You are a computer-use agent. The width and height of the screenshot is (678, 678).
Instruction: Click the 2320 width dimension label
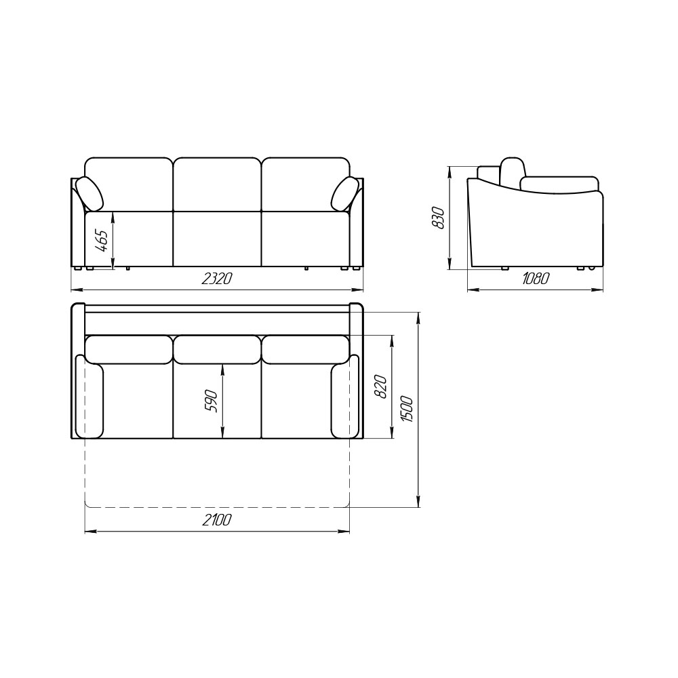pos(217,279)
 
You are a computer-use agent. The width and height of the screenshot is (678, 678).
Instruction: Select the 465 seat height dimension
pos(102,241)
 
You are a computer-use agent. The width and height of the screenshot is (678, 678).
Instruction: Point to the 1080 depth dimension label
pos(536,279)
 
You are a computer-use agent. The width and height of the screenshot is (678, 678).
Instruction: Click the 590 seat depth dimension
pos(211,401)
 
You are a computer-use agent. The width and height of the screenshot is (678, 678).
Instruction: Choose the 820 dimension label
pos(380,386)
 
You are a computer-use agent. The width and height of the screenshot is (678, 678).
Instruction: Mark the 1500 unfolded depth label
pos(407,409)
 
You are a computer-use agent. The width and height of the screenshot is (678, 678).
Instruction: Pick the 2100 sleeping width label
pos(217,520)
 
